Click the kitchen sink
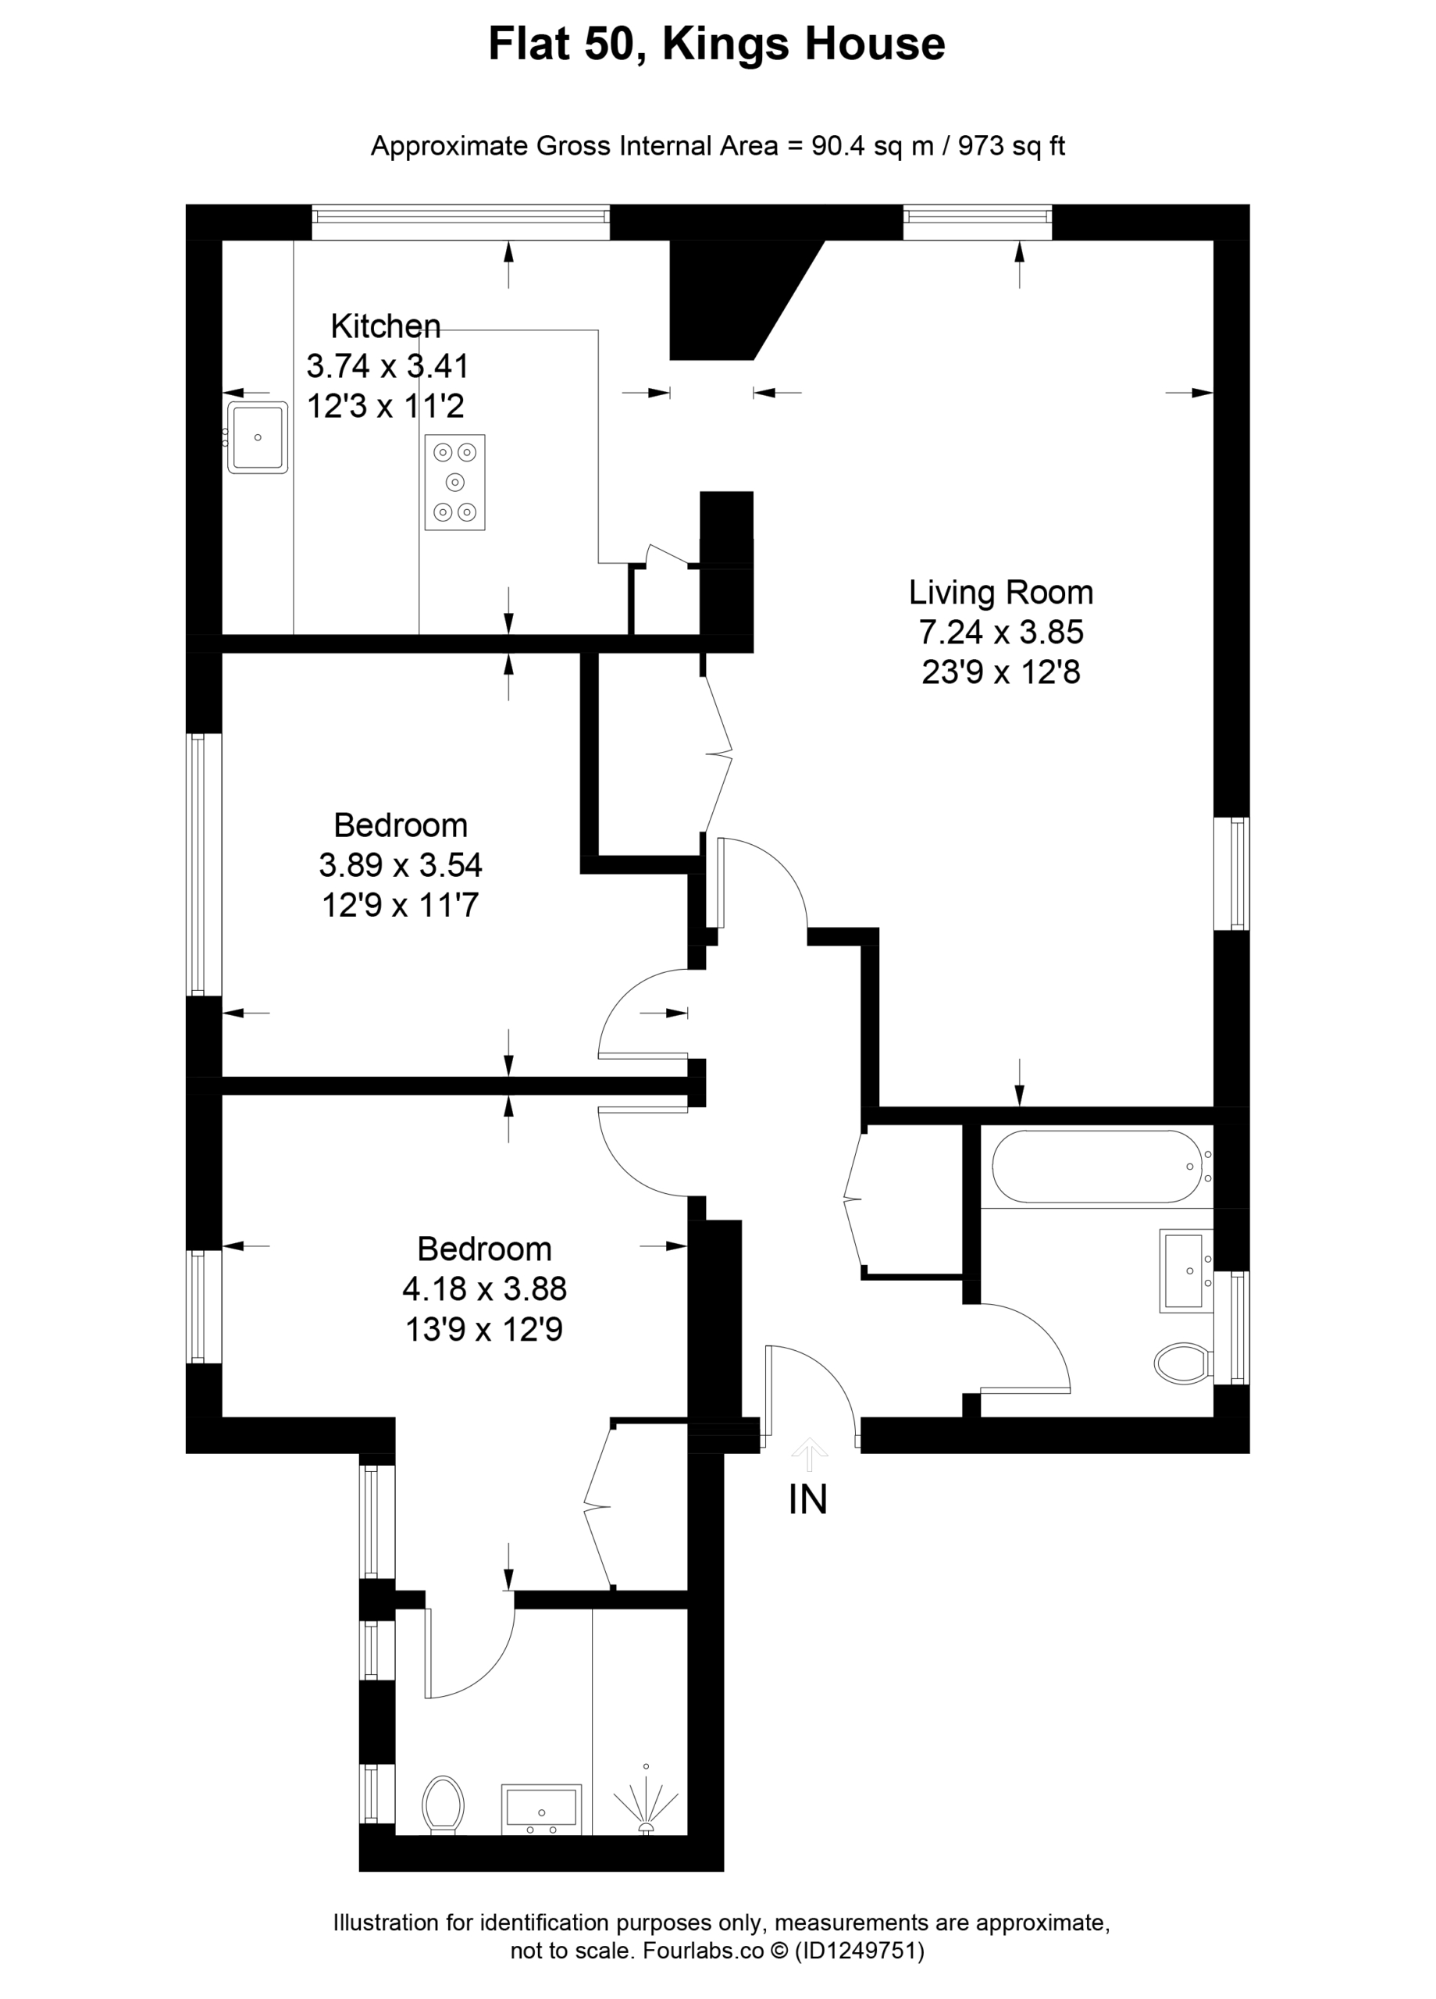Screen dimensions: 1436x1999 point(257,437)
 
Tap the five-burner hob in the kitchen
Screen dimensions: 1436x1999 point(455,482)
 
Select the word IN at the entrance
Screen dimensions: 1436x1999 point(807,1499)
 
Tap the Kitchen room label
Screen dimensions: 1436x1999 point(385,326)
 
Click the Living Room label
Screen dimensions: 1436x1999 point(1000,593)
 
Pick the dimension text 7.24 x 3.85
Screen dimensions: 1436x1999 point(1000,632)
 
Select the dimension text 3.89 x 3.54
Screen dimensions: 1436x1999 point(401,864)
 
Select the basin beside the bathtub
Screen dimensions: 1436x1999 point(1185,1271)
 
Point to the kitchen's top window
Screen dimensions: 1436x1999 point(460,222)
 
